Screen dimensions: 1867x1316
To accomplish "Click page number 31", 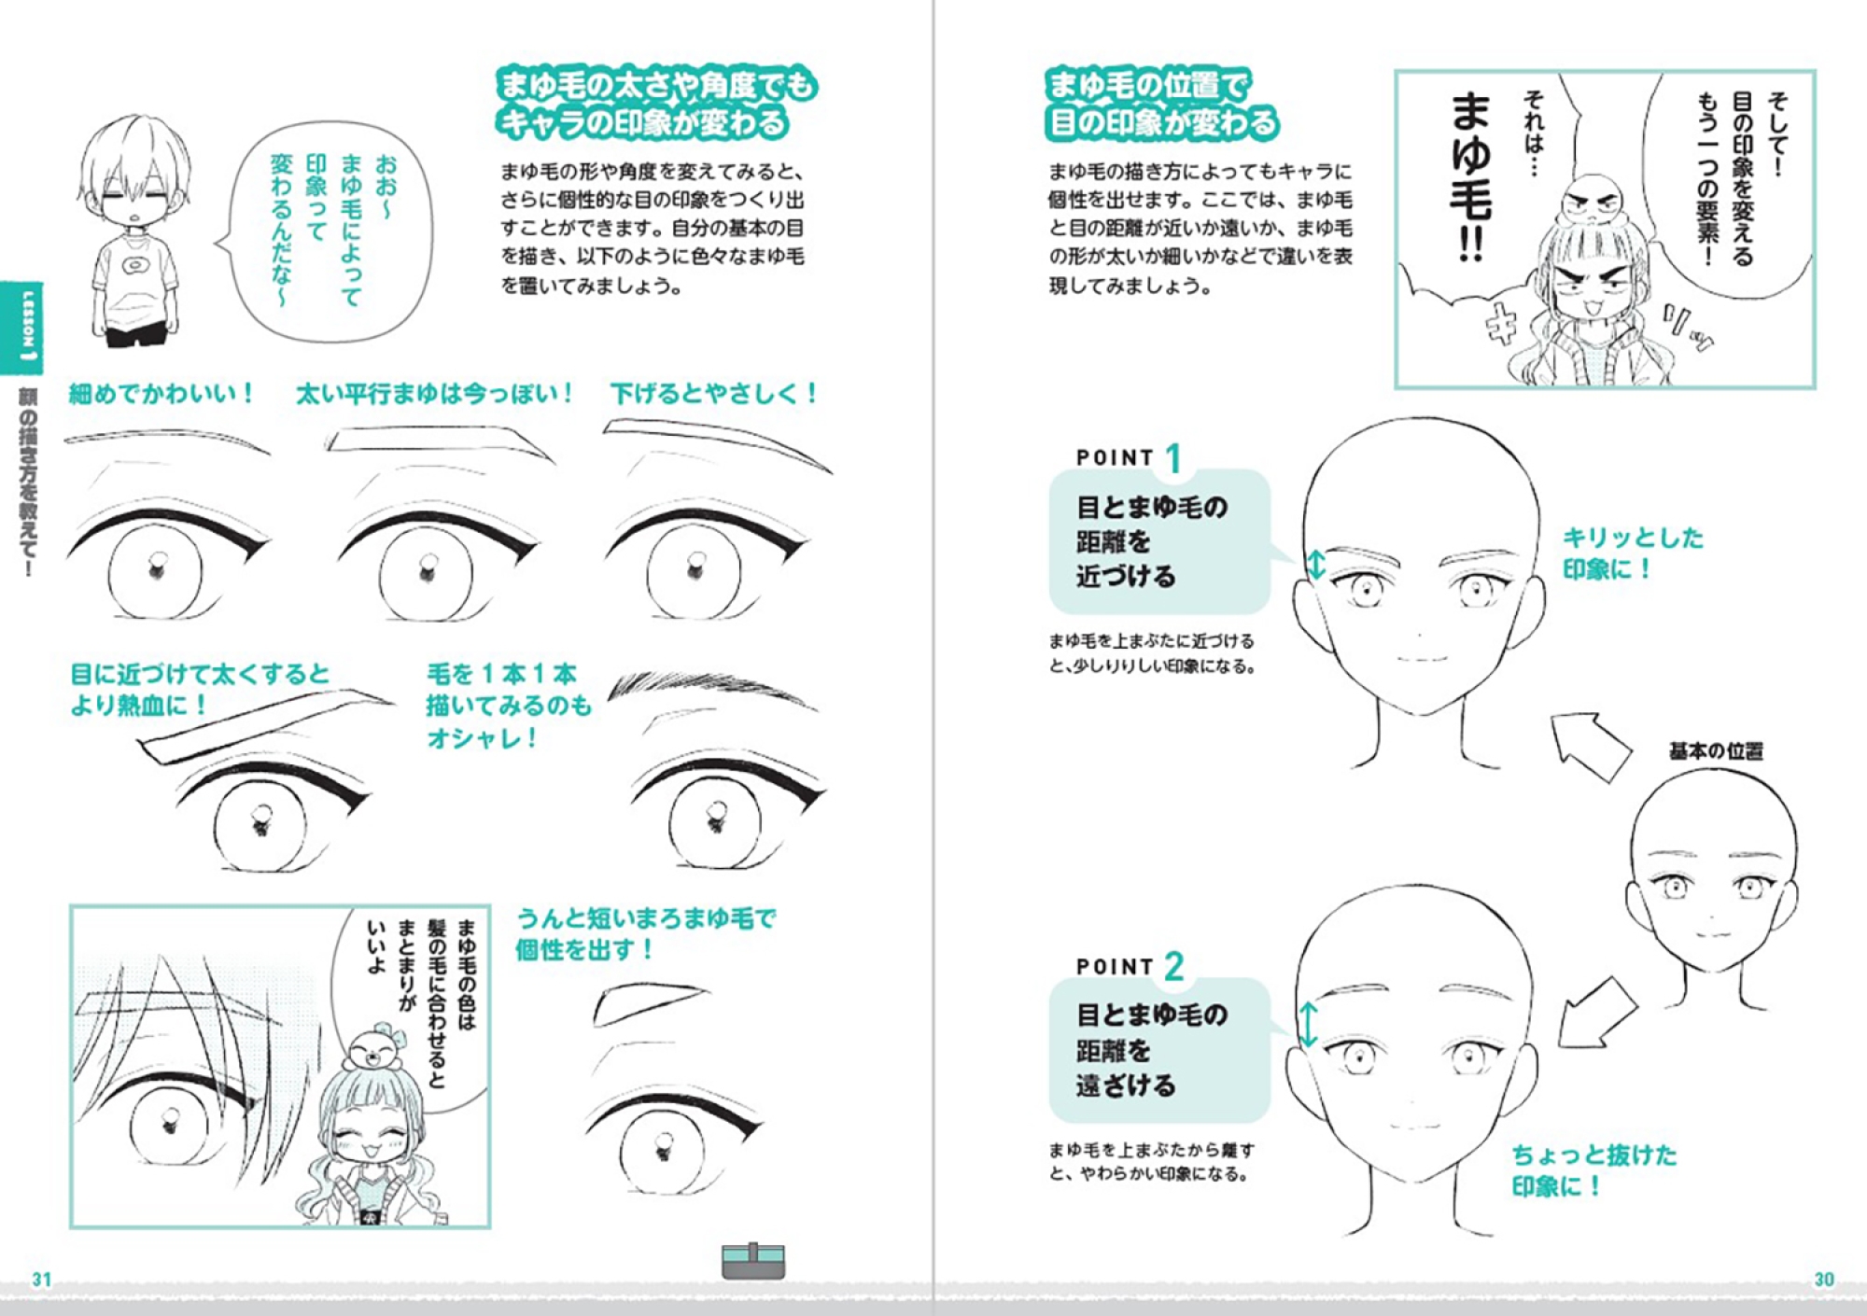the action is coord(42,1280).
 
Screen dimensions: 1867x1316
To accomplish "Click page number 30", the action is coord(1824,1280).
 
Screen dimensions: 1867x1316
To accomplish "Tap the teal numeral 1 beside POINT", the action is coord(1173,457).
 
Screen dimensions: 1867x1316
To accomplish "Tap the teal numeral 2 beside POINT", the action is coord(1174,966).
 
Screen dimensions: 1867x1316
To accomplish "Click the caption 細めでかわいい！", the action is coord(161,393).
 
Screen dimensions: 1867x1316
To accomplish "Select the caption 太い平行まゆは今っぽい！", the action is coord(434,393).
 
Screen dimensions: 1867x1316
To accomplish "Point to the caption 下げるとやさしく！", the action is coord(714,393).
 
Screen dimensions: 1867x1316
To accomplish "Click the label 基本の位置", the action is coord(1716,750).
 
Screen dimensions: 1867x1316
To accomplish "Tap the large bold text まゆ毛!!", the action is coord(1471,176).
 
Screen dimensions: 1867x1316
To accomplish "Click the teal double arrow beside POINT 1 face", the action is coord(1315,564).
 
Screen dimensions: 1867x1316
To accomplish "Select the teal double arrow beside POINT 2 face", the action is coord(1309,1024).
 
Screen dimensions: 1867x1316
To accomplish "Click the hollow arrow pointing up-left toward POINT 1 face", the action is coord(1591,747).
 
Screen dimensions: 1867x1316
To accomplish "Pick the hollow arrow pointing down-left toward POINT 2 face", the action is coord(1597,1013).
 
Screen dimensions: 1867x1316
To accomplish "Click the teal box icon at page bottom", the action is coord(753,1260).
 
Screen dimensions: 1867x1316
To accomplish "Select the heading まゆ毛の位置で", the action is coord(1147,85).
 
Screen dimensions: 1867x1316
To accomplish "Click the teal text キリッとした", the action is coord(1633,538).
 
